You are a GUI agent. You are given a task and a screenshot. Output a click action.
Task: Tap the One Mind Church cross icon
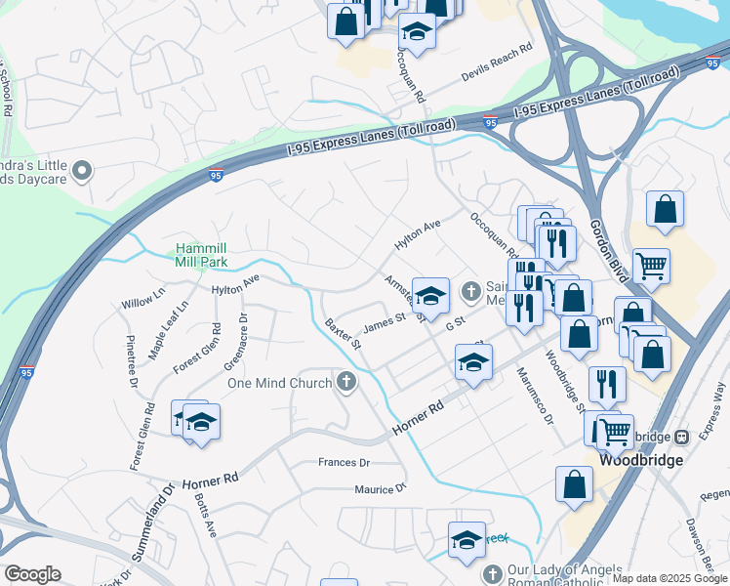coord(346,382)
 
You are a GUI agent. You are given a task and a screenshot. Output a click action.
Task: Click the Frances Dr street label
coord(345,462)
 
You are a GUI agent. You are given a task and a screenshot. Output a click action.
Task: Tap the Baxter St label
coord(344,333)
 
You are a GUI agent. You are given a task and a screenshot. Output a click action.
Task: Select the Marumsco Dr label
coord(535,403)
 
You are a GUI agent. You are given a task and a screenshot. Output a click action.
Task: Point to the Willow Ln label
coord(143,297)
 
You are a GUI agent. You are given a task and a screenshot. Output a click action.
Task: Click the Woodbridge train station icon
coord(683,436)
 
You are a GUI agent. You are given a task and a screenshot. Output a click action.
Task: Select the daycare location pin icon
coord(82,172)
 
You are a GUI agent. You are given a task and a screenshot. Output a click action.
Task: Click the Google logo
coord(32,574)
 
